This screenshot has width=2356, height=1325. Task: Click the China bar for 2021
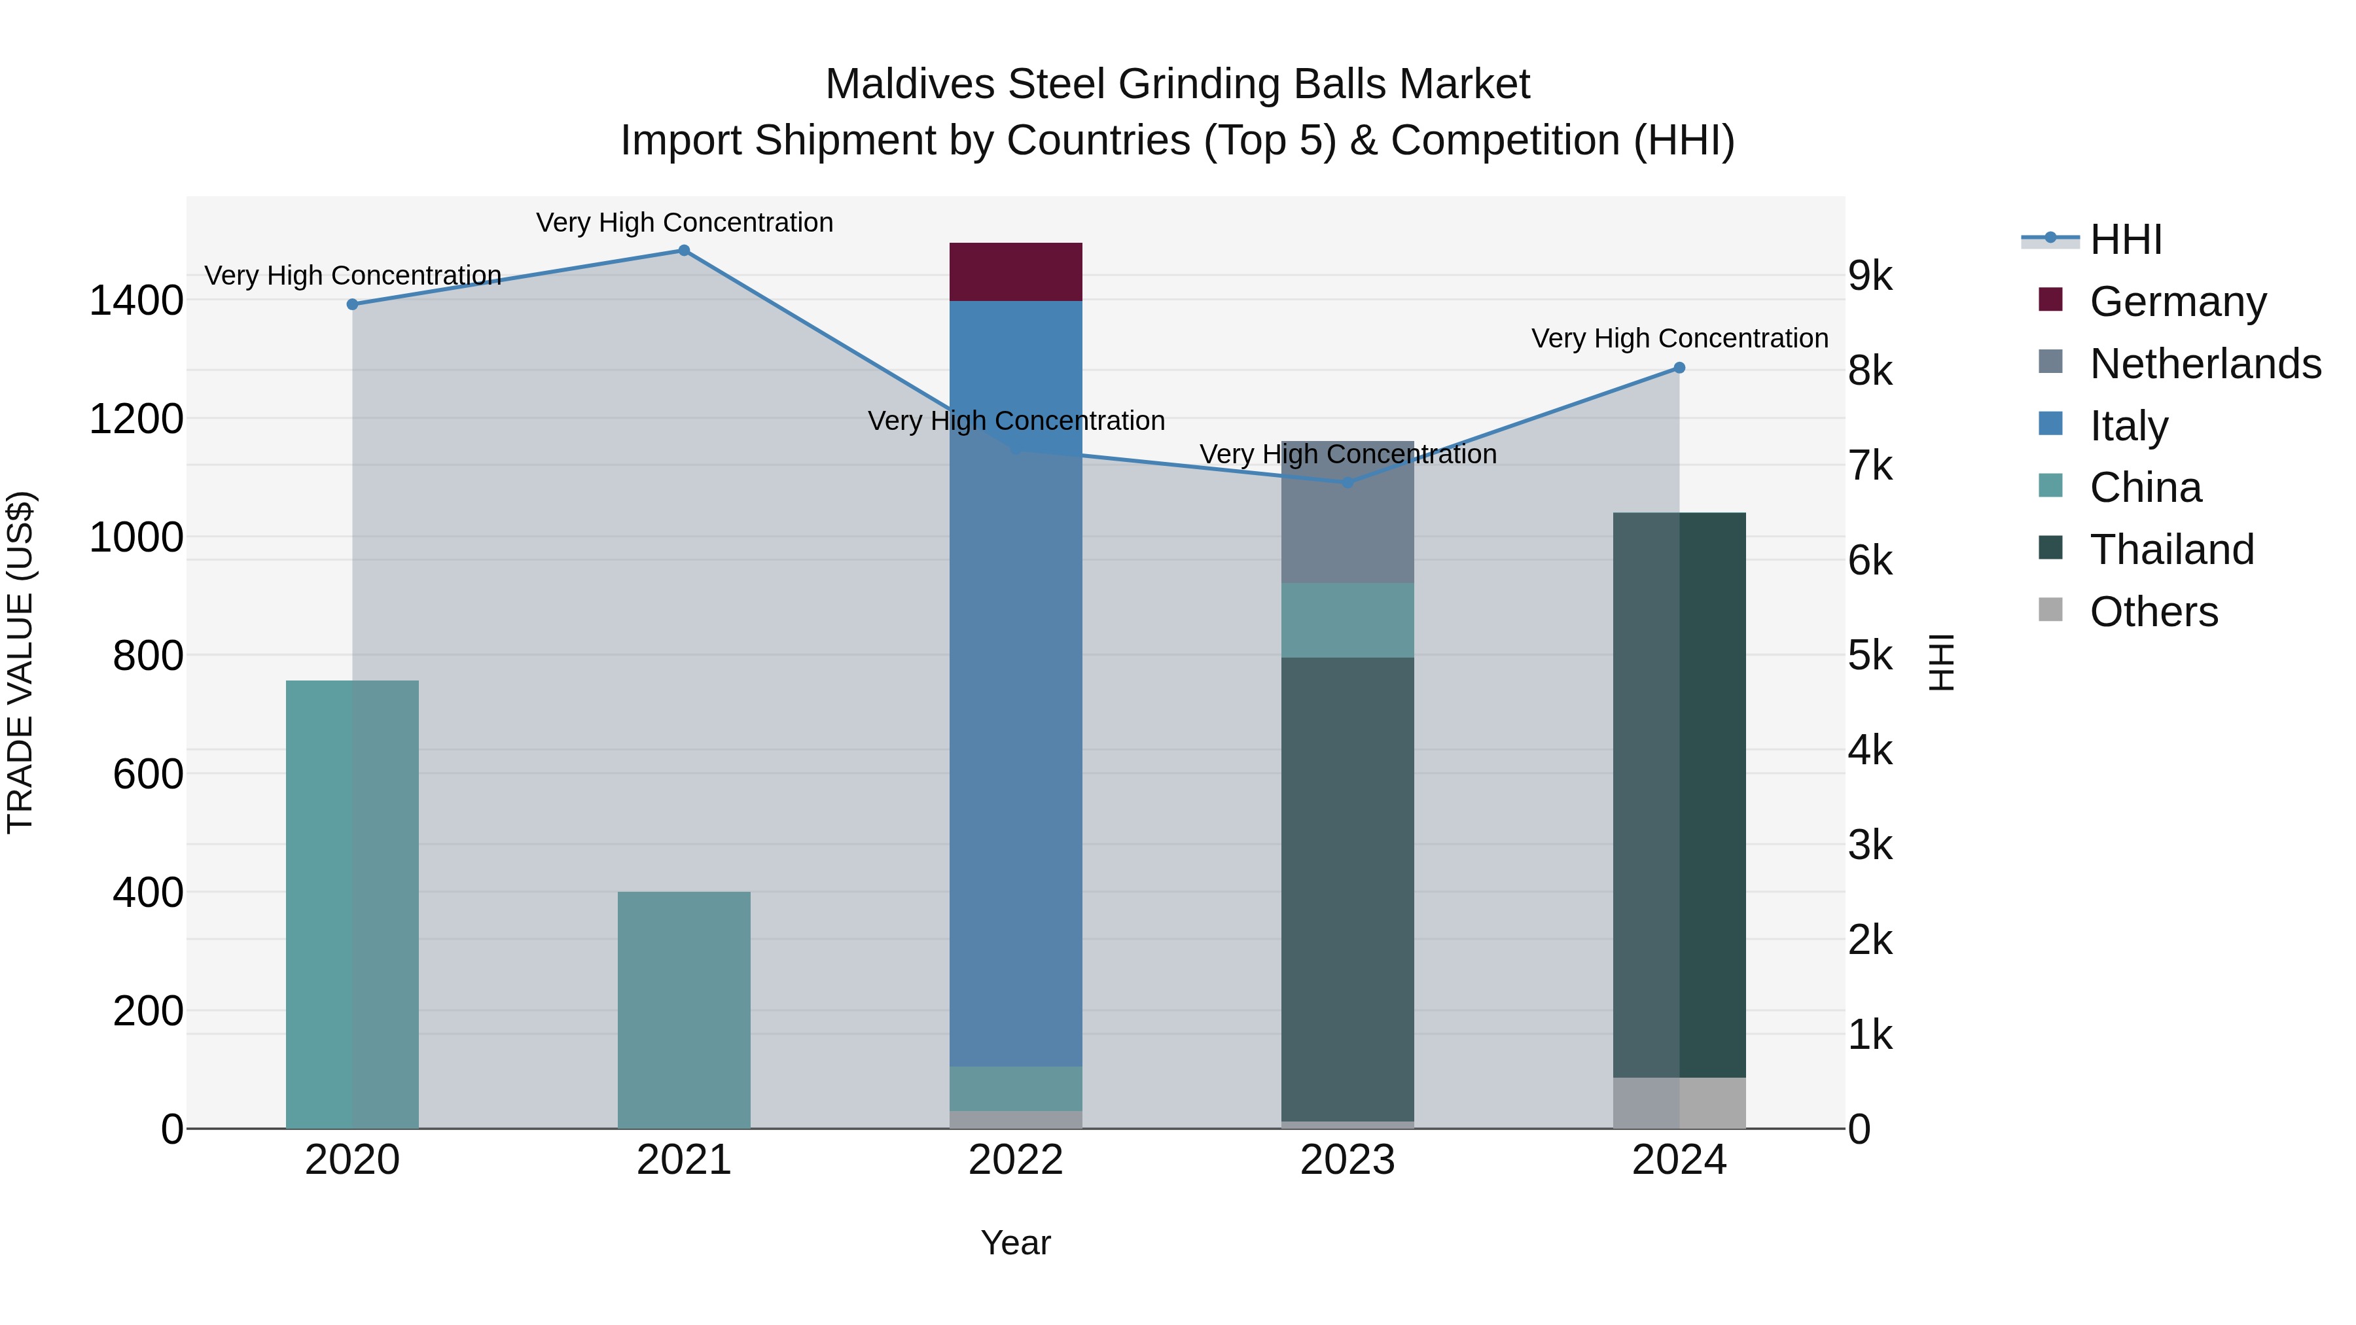pos(683,1010)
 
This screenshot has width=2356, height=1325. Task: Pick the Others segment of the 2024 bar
pos(1679,1103)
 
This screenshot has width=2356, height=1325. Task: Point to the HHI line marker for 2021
pos(683,251)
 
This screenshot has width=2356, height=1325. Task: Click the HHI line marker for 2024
pos(1679,368)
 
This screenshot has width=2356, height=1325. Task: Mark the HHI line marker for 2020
pos(352,304)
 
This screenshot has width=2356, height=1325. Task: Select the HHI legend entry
pos(2124,239)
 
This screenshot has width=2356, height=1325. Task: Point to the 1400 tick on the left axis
pos(135,301)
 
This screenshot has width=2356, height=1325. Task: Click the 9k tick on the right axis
pos(1870,275)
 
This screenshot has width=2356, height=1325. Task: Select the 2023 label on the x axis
pos(1348,1160)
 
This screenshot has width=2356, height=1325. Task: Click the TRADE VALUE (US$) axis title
pos(20,662)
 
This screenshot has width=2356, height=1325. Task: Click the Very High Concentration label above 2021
pos(684,222)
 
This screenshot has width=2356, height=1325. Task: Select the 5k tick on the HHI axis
pos(1870,656)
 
